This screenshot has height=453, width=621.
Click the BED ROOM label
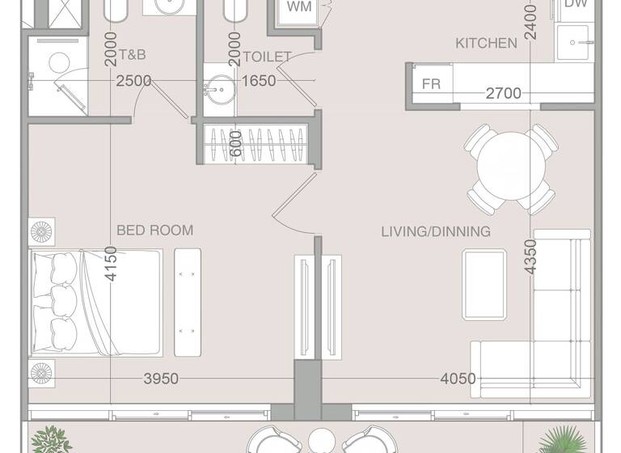(x=154, y=231)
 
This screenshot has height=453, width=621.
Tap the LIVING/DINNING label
(x=436, y=231)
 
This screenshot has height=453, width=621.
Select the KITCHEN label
(x=486, y=43)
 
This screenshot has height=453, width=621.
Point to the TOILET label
(x=267, y=57)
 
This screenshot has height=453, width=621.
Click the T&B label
(x=133, y=57)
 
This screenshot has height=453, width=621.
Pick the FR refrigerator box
(x=432, y=84)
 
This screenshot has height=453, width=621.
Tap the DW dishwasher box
(x=575, y=5)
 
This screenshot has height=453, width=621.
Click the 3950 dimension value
(x=161, y=379)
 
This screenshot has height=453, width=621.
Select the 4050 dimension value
(x=458, y=379)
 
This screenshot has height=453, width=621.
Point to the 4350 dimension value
(x=530, y=256)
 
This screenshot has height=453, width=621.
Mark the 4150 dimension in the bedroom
(x=112, y=264)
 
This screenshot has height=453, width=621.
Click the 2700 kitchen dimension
(x=503, y=94)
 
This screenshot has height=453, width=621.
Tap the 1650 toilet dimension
(x=259, y=80)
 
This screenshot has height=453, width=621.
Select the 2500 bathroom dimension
(x=133, y=80)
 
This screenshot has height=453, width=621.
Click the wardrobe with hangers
(x=256, y=144)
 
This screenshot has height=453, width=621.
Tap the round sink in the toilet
(x=218, y=86)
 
